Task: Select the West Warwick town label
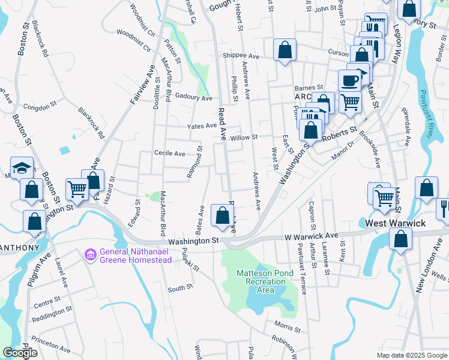(x=396, y=223)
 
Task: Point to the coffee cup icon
(x=349, y=80)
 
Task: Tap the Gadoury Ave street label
(x=194, y=98)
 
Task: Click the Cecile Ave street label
(x=170, y=154)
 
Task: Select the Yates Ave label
(x=201, y=126)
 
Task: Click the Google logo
(x=20, y=353)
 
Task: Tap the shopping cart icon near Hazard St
(x=77, y=189)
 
